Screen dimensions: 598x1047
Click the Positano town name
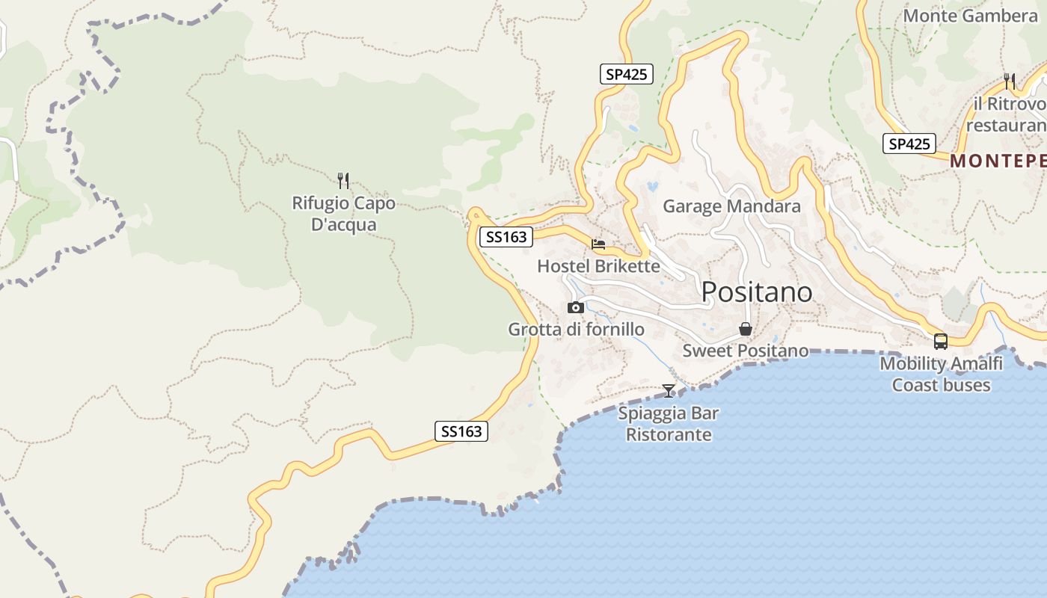tap(756, 292)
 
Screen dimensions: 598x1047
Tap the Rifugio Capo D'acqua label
tap(343, 214)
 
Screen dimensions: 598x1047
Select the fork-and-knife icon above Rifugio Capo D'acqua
tap(343, 180)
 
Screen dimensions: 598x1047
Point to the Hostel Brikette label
tap(598, 266)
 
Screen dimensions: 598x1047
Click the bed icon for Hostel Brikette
tap(598, 244)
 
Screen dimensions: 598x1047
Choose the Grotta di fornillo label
tap(576, 329)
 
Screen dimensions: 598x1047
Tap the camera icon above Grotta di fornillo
tap(575, 307)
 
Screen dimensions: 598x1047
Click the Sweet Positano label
tap(745, 351)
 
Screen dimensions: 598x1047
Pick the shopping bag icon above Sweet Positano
tap(746, 329)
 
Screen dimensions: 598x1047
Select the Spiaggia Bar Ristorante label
tap(669, 424)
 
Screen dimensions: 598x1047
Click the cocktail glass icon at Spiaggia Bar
tap(669, 391)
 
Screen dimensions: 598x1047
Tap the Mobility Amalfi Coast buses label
tap(941, 374)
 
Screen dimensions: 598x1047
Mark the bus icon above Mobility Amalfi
tap(941, 342)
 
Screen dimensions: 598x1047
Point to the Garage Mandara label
tap(731, 206)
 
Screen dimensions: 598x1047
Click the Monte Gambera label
tap(970, 16)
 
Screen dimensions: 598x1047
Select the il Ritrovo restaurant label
tap(1006, 114)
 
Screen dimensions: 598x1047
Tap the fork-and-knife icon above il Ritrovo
tap(1010, 81)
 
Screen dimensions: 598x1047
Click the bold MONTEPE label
tap(998, 161)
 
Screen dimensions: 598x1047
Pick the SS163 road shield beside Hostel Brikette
tap(506, 238)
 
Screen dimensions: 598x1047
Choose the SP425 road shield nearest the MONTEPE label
tap(909, 144)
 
